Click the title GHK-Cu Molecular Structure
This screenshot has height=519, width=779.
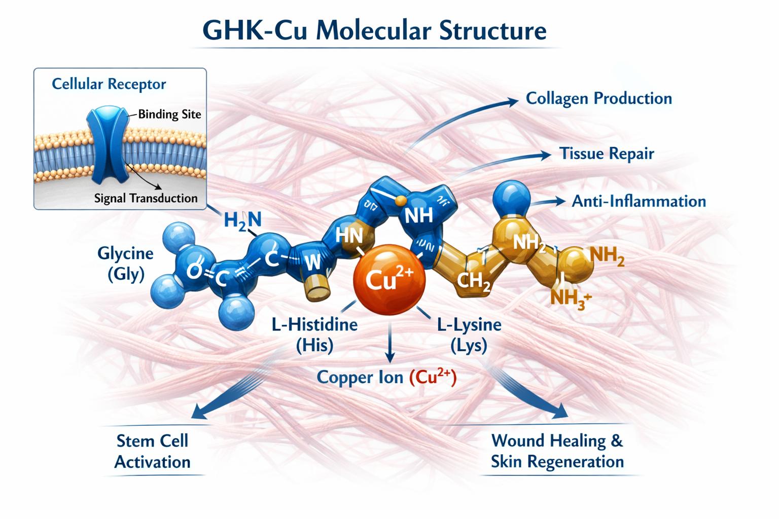coord(374,30)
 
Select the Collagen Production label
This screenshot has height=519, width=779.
coord(598,98)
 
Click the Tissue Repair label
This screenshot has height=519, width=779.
coord(607,154)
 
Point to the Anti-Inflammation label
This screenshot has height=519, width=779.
coord(639,201)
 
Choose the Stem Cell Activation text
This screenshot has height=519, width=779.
coord(152,451)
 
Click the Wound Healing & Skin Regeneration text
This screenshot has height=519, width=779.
coord(557,451)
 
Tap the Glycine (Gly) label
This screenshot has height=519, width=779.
coord(125,263)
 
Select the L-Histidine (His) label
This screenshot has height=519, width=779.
coord(314,335)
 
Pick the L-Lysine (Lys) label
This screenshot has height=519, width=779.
coord(469,335)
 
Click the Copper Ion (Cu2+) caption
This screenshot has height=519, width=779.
coord(386,377)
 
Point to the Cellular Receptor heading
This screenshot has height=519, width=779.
coord(109,84)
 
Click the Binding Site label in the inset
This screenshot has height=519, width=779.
coord(169,115)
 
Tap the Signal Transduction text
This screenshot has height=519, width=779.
coord(146,198)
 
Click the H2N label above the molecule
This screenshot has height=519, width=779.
coord(242,220)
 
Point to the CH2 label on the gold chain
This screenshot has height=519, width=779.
coord(474,280)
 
